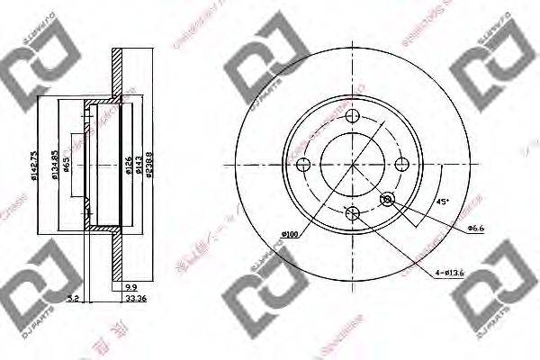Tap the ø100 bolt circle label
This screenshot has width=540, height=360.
pyautogui.click(x=290, y=235)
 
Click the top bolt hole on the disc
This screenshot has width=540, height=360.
pyautogui.click(x=354, y=115)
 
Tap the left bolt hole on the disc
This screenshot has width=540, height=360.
pyautogui.click(x=304, y=164)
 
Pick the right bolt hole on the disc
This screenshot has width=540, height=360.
pyautogui.click(x=403, y=164)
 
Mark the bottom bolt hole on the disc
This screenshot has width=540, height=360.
pyautogui.click(x=354, y=213)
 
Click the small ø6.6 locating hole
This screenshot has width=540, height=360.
pyautogui.click(x=388, y=199)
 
